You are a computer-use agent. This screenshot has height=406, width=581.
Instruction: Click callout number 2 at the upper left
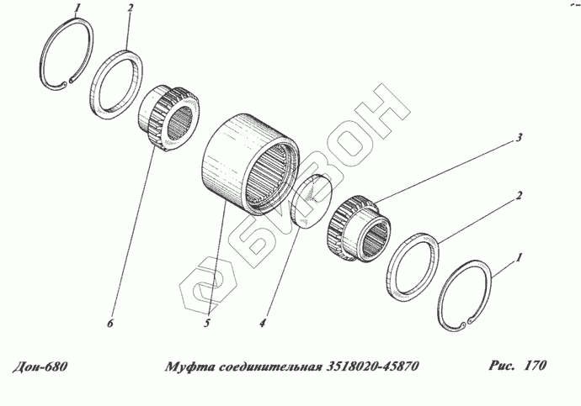point(130,8)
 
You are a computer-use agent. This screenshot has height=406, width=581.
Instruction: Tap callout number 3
point(519,138)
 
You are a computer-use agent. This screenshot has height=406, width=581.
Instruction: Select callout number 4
point(263,323)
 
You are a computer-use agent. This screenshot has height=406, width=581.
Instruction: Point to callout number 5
point(207,323)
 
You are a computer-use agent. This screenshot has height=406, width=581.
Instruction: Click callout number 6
point(110,323)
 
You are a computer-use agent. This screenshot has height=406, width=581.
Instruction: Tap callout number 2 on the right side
point(519,195)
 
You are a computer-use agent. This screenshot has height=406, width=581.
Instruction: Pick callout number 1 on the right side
point(520,257)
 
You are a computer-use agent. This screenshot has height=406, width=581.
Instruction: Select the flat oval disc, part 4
point(312,201)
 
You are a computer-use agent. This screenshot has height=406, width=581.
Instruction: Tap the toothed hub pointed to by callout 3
point(359,229)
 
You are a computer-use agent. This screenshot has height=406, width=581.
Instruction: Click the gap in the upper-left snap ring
point(68,82)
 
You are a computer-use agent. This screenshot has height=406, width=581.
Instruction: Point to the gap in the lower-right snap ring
point(466,323)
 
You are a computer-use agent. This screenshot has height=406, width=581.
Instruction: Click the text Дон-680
point(40,366)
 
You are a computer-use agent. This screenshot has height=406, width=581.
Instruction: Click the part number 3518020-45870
point(372,366)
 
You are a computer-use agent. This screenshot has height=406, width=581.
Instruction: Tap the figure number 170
point(535,366)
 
